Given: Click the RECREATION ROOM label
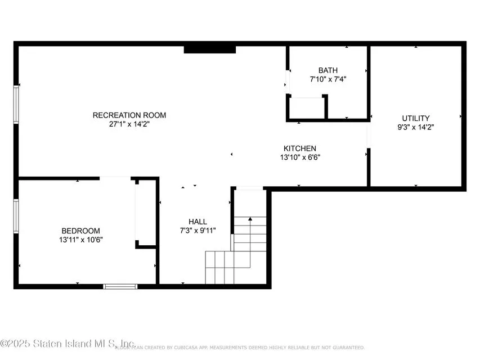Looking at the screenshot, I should [129, 115].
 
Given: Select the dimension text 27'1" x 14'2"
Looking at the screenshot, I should [129, 124].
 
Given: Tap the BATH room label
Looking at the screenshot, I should [328, 70].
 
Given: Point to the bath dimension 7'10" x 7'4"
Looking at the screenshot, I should [328, 79].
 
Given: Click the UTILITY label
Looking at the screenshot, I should [416, 118].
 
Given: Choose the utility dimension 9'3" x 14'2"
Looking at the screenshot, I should [416, 127].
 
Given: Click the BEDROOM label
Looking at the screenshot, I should [80, 231].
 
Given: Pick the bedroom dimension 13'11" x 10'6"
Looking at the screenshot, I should [80, 240].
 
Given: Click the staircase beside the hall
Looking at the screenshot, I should [236, 253].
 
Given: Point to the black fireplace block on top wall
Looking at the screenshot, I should [209, 49].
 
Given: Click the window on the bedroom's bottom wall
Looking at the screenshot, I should [120, 286].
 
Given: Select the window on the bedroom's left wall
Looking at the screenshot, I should [16, 215].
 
